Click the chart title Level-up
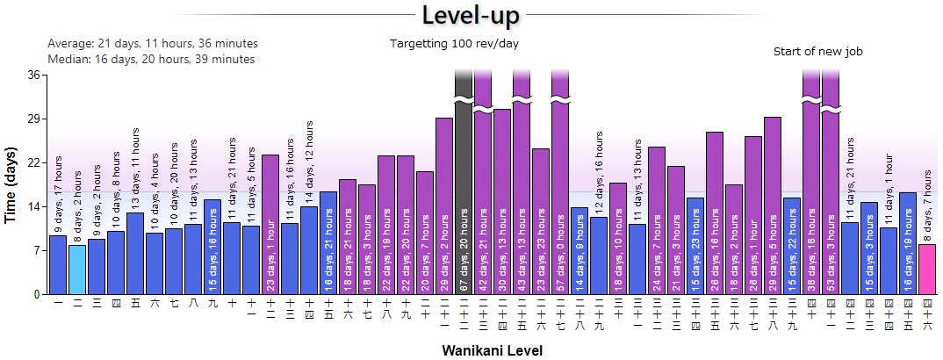click(x=471, y=16)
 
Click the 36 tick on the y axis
click(x=34, y=75)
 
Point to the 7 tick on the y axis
click(x=37, y=250)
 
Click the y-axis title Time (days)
click(x=11, y=184)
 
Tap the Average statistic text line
click(x=153, y=43)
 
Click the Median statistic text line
click(x=151, y=59)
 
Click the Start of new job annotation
click(x=818, y=52)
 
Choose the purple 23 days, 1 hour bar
click(x=270, y=224)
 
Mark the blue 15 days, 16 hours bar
click(x=212, y=247)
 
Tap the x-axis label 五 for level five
click(x=135, y=303)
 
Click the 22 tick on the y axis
click(x=34, y=162)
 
